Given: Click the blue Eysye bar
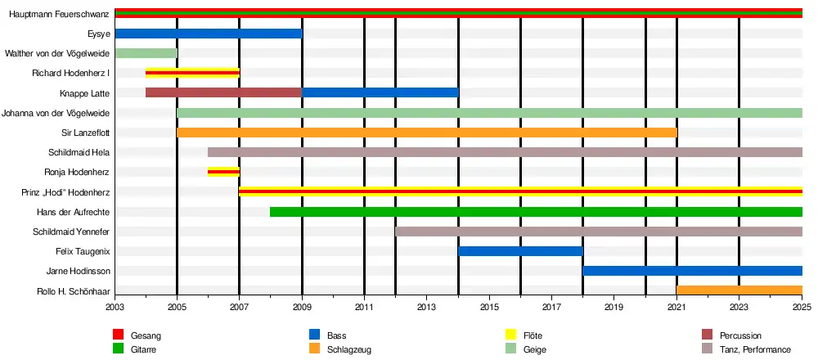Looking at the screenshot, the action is click(x=209, y=34).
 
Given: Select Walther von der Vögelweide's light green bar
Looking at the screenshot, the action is click(x=146, y=53).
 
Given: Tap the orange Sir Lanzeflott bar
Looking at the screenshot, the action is click(x=427, y=133).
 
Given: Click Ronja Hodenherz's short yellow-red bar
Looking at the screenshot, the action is click(x=224, y=172).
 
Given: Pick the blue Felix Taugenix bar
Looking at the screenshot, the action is click(x=520, y=251).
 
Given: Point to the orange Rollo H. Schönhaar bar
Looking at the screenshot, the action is click(x=739, y=290).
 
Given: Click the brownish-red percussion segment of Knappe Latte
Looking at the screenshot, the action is click(x=224, y=93).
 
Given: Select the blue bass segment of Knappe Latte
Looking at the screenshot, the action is click(x=380, y=93).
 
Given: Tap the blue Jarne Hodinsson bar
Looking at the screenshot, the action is click(x=692, y=271).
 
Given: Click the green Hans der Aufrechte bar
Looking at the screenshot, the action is click(x=537, y=212).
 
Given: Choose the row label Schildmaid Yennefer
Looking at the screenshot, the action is click(x=71, y=232).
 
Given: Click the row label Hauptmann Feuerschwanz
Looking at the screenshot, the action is click(x=60, y=14).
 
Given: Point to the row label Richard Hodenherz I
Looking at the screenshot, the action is click(x=70, y=73).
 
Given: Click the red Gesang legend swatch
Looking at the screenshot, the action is click(x=118, y=335).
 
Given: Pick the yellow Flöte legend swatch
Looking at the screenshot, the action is click(x=510, y=335).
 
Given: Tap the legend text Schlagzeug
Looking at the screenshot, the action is click(x=349, y=349).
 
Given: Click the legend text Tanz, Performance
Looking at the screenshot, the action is click(x=755, y=349).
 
